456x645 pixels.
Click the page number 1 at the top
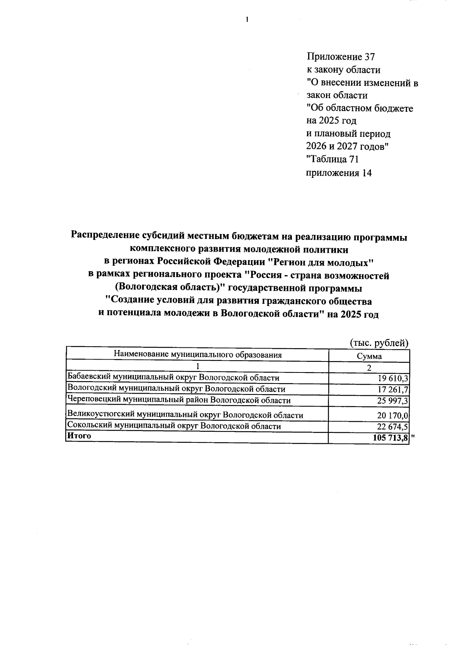(247, 19)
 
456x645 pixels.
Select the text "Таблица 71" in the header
(332, 159)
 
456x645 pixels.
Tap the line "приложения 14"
(339, 173)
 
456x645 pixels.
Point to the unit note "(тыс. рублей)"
(379, 343)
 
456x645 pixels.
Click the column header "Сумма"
(369, 356)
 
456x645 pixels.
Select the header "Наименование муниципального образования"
(198, 355)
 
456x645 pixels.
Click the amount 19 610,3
(393, 378)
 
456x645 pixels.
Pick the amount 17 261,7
(393, 389)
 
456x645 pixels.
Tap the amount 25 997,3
(393, 401)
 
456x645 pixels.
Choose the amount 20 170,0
(393, 415)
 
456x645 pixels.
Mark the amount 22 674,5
(393, 426)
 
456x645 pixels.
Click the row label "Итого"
(79, 436)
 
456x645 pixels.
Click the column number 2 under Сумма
(369, 368)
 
